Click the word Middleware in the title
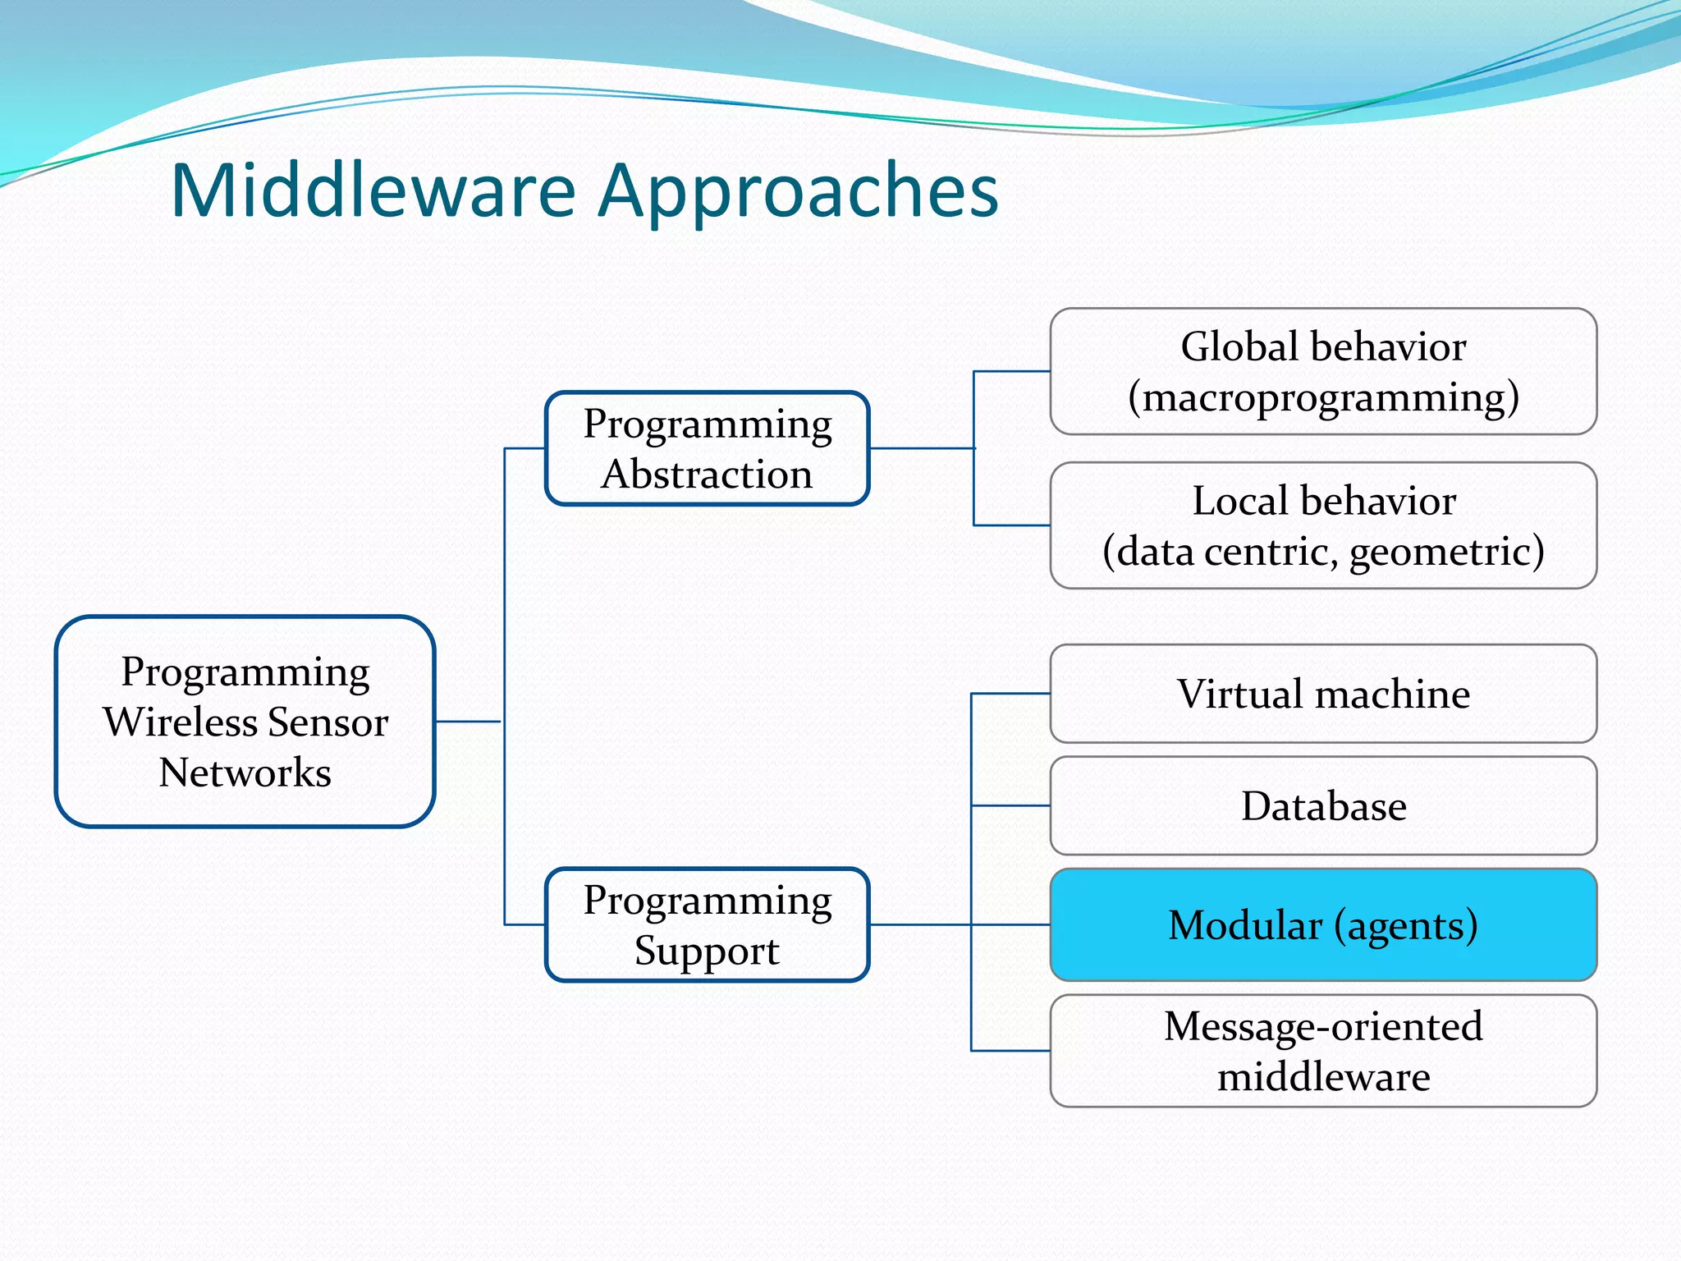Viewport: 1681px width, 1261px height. coord(373,190)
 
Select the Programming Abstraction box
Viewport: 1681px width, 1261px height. coord(707,448)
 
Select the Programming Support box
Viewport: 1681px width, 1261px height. coord(707,924)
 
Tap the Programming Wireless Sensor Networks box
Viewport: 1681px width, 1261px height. coord(245,721)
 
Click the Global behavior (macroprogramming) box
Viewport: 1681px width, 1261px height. coord(1323,371)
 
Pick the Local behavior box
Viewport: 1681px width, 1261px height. coord(1323,525)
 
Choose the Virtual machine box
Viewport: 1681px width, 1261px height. coord(1323,694)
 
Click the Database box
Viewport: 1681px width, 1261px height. coord(1323,805)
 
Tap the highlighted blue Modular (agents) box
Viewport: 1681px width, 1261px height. coord(1323,924)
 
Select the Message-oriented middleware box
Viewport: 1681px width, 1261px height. coord(1323,1051)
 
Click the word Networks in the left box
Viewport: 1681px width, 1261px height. coord(245,773)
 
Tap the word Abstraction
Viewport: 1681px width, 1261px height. coord(707,475)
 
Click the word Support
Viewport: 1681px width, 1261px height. coord(707,951)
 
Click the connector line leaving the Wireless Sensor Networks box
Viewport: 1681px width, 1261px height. coord(468,722)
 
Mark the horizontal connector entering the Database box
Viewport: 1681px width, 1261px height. coord(1010,805)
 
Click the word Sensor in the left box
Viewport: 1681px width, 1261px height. coord(327,722)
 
